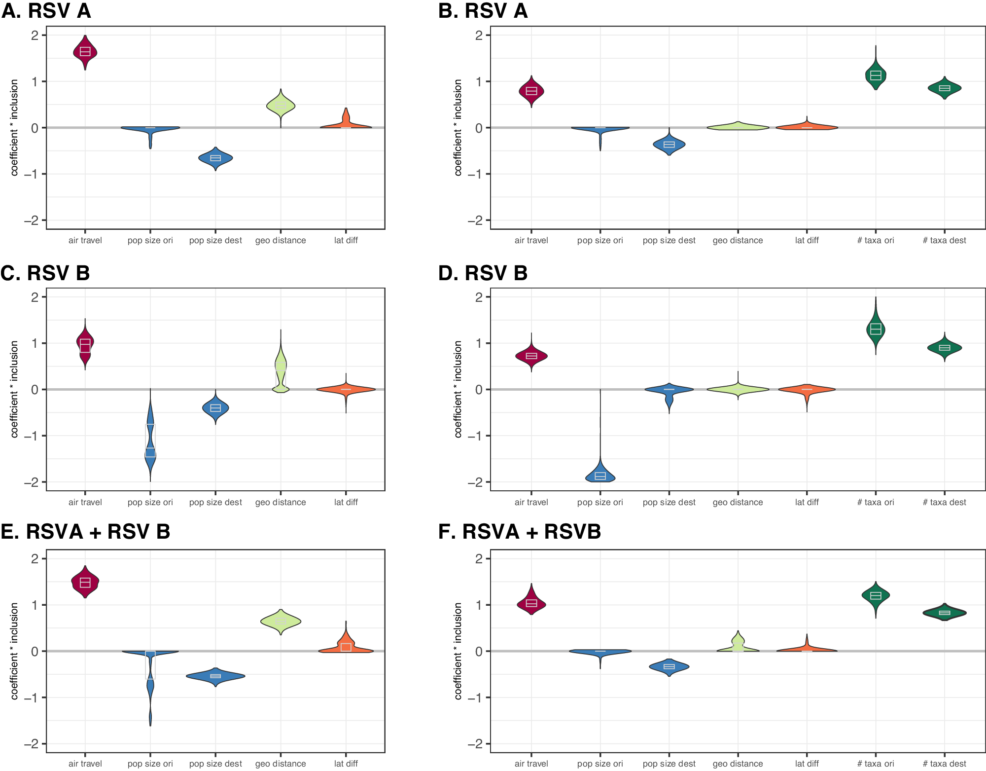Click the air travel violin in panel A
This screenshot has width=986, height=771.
[85, 52]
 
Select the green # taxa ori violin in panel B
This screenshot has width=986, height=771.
[876, 75]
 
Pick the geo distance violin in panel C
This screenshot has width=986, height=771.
[281, 367]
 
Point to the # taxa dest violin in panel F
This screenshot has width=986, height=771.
[944, 613]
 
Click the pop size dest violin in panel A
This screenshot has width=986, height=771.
[215, 158]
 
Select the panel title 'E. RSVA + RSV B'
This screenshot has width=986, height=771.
[85, 532]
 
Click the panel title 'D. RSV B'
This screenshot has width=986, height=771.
[483, 273]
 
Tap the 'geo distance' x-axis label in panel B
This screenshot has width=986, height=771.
[738, 241]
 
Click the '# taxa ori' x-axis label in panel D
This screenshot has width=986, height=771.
[875, 502]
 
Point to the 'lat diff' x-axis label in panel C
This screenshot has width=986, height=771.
[346, 502]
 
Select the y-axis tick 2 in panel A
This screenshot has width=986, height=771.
[35, 35]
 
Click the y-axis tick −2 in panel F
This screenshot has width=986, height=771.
[475, 744]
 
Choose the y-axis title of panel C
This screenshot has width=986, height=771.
[14, 389]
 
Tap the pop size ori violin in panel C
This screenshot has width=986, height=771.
[150, 444]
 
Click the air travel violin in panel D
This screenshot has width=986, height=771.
[531, 356]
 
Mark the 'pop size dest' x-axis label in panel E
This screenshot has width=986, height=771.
[215, 764]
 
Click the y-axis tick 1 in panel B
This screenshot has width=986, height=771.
[478, 81]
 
